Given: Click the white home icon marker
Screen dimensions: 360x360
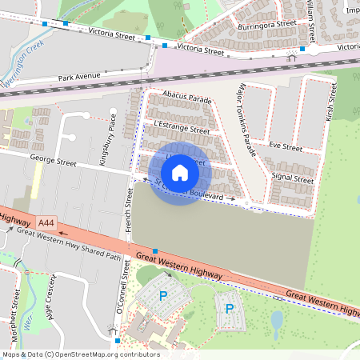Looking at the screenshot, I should point(180,172).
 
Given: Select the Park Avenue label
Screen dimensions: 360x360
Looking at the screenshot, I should point(79,77).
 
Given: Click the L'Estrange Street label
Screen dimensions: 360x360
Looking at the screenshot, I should point(180,128).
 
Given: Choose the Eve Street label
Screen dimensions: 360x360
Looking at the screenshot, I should point(286,147).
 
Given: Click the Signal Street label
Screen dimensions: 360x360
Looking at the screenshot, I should point(292,178).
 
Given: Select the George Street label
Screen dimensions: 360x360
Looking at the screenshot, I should point(53,162).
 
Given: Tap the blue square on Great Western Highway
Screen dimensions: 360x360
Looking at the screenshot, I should point(154,252).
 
